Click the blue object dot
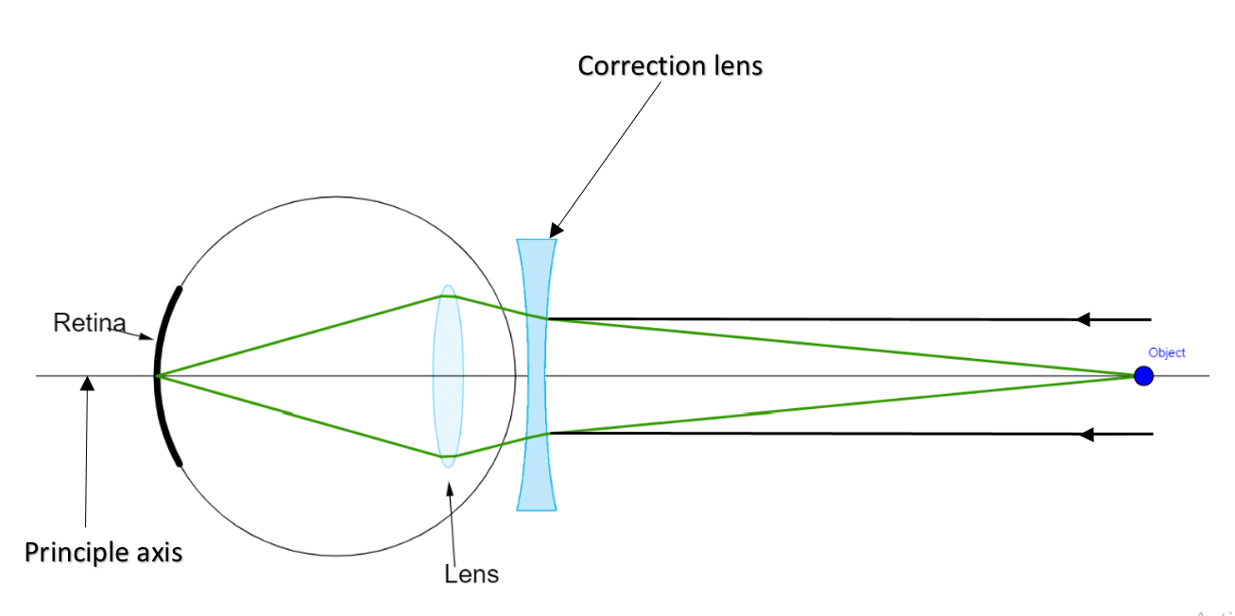point(1143,376)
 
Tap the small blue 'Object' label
point(1166,352)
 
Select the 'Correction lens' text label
point(670,66)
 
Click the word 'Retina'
point(89,323)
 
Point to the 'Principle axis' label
point(103,552)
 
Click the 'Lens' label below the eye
point(471,573)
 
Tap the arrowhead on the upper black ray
point(1085,319)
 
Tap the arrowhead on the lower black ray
point(1087,434)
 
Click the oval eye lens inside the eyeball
point(448,376)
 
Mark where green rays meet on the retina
point(158,376)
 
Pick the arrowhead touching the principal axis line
point(88,383)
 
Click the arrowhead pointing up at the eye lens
point(449,488)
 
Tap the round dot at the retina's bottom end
point(179,463)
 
